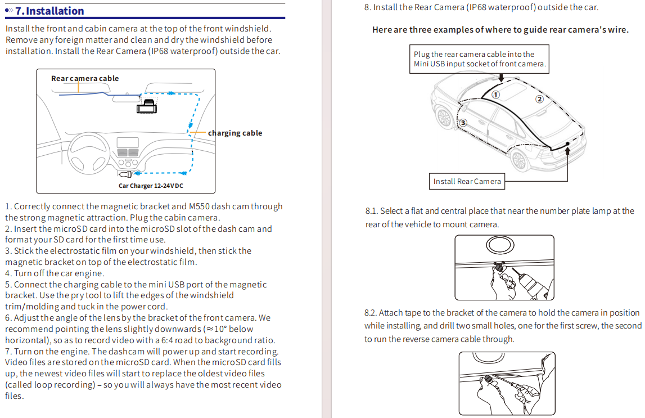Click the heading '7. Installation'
(x=50, y=11)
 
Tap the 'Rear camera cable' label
(x=85, y=78)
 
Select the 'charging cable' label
(x=235, y=133)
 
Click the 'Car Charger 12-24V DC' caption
(x=151, y=186)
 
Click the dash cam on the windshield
(x=147, y=106)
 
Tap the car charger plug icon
(x=125, y=174)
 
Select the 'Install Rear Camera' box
(x=467, y=182)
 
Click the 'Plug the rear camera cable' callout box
(x=479, y=59)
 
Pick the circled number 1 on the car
(x=496, y=95)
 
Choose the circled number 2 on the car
(x=540, y=99)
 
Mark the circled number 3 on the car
(x=463, y=123)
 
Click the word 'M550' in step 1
(x=199, y=206)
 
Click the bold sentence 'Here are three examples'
(x=500, y=30)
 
